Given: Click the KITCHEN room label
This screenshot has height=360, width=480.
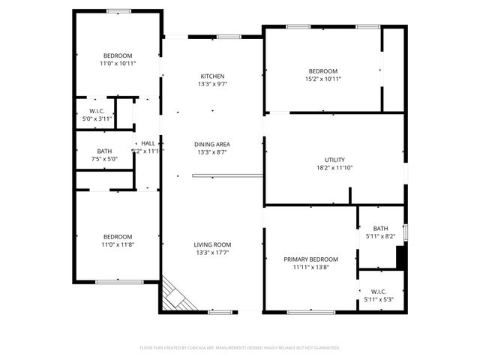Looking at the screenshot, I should [211, 76].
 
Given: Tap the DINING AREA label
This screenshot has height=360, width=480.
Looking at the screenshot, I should [211, 144].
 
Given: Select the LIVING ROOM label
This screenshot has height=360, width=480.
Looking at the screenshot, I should [212, 244].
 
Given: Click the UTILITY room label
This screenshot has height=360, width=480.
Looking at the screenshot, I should [334, 160].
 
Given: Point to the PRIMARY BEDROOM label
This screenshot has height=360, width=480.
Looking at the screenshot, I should [310, 259].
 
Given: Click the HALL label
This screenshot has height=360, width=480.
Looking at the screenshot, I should [148, 143].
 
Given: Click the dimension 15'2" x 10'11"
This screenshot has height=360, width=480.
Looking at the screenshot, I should [323, 79].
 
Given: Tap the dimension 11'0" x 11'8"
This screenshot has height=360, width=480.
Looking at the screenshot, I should [118, 244].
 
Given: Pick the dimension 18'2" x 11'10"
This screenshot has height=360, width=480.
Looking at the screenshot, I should [334, 168].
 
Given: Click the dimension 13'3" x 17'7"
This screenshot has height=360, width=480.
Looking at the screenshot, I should [212, 253].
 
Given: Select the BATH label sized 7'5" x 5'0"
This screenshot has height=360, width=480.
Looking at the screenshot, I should [104, 151].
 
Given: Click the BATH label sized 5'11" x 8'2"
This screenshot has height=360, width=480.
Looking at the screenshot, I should [381, 229].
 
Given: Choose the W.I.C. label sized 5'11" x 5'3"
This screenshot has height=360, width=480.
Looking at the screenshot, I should [377, 292].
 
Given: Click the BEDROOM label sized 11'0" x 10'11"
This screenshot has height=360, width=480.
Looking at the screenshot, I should [118, 55].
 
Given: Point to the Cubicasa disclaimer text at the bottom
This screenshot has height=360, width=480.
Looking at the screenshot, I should [240, 348].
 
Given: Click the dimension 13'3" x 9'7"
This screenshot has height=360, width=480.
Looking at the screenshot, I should [211, 84].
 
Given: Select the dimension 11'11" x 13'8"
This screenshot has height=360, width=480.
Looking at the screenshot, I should [310, 268].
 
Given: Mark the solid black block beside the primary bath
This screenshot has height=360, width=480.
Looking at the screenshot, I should [400, 258].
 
